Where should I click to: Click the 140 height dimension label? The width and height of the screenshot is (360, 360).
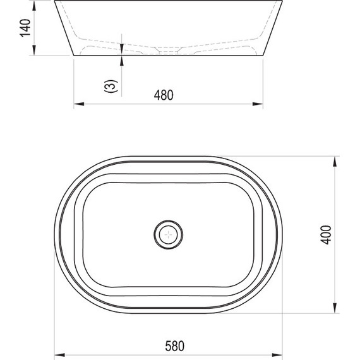click(25, 28)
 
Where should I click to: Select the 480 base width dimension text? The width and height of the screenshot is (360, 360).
click(164, 95)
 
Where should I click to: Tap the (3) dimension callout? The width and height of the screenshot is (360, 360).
click(111, 86)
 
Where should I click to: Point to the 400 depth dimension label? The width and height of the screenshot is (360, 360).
click(326, 235)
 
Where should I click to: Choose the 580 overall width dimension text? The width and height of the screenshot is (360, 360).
click(175, 346)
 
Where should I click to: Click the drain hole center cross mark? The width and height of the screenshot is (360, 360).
click(169, 235)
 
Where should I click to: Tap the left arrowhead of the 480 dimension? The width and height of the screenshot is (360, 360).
click(79, 104)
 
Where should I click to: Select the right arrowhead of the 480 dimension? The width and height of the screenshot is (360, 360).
click(258, 104)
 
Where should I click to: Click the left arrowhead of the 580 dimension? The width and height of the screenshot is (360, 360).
click(59, 355)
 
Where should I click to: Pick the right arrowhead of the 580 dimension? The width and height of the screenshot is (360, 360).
click(277, 355)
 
